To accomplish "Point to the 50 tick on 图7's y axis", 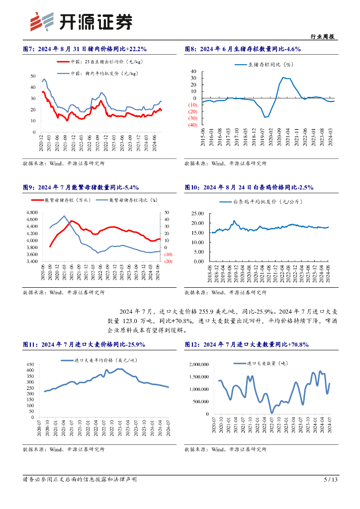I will [33, 76].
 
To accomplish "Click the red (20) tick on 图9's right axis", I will [168, 261].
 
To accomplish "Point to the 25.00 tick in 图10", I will [197, 213].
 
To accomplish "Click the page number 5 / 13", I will [331, 480].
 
